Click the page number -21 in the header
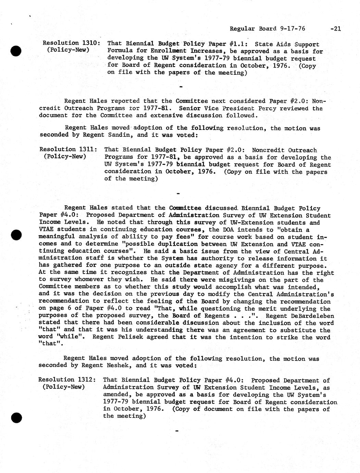tap(335, 29)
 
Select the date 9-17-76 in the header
tap(293, 29)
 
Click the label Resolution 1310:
tap(71, 43)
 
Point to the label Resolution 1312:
tap(67, 380)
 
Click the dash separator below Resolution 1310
tap(181, 86)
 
